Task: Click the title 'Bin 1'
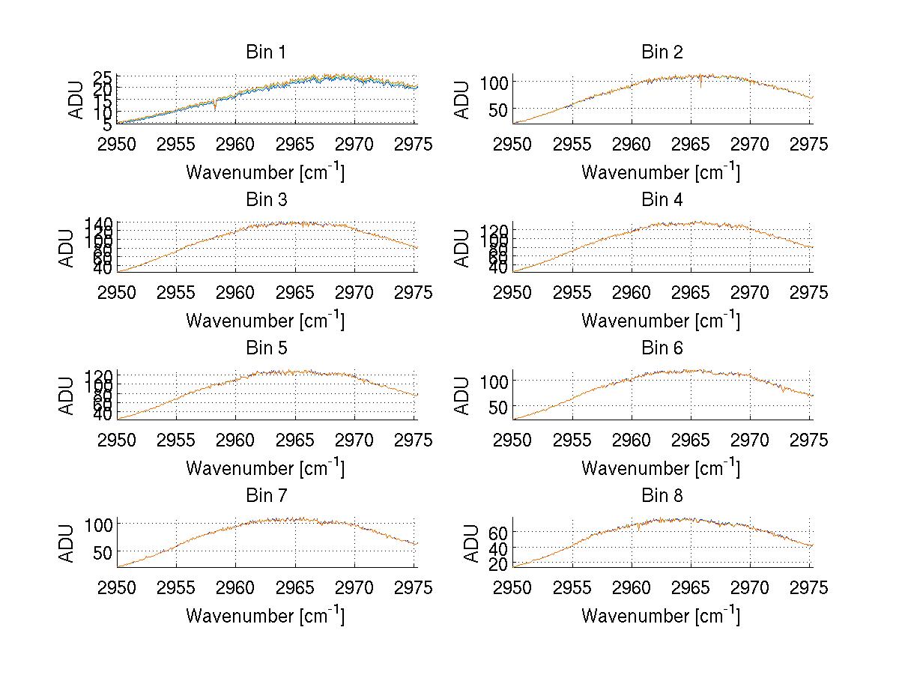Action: [266, 52]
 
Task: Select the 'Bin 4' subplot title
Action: [662, 200]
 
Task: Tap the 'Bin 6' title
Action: [662, 348]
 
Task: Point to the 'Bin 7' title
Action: [266, 496]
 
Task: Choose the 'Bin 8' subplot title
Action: [662, 496]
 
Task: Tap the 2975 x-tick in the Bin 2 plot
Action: [810, 144]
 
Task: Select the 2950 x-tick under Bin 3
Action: [118, 292]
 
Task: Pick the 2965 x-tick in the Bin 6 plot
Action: [691, 440]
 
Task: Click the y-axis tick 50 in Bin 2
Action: [495, 109]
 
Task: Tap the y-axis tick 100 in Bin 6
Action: [490, 381]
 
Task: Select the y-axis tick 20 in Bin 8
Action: [495, 565]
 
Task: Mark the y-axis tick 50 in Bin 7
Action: [100, 551]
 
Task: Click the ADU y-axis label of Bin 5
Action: [68, 395]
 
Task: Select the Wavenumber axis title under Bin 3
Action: [266, 320]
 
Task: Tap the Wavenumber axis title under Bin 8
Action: [661, 616]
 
